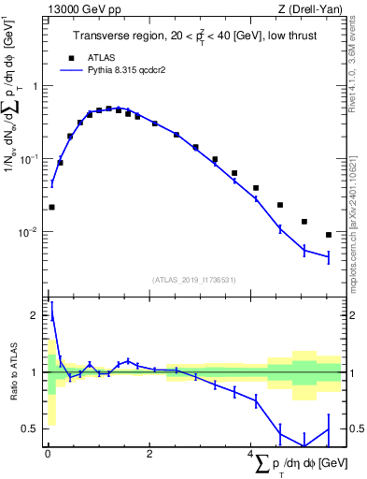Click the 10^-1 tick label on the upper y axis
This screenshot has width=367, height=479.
click(32, 159)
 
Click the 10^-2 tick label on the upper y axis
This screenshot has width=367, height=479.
click(32, 232)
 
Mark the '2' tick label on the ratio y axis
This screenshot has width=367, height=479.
click(36, 315)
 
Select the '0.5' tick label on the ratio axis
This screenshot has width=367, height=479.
click(33, 428)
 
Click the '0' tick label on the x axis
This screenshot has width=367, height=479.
click(48, 455)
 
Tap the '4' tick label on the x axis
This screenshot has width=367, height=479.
click(250, 455)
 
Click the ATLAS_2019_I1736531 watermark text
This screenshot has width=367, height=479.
click(195, 280)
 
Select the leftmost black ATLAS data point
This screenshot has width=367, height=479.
click(51, 207)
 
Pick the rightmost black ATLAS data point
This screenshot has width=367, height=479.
click(329, 235)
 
